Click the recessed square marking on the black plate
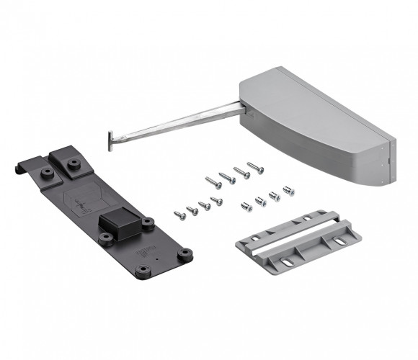click(85, 202)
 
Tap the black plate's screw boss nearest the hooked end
click(49, 172)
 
